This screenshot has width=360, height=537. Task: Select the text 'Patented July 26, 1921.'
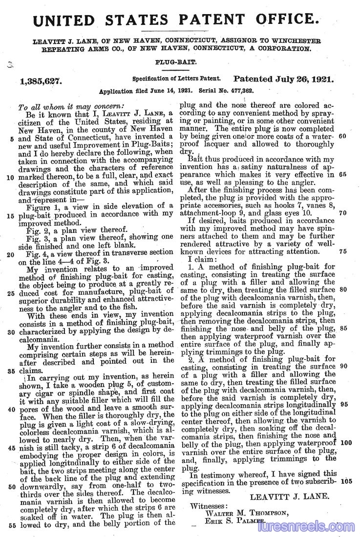pyautogui.click(x=283, y=79)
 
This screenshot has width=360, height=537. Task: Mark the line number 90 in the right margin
pyautogui.click(x=342, y=366)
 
